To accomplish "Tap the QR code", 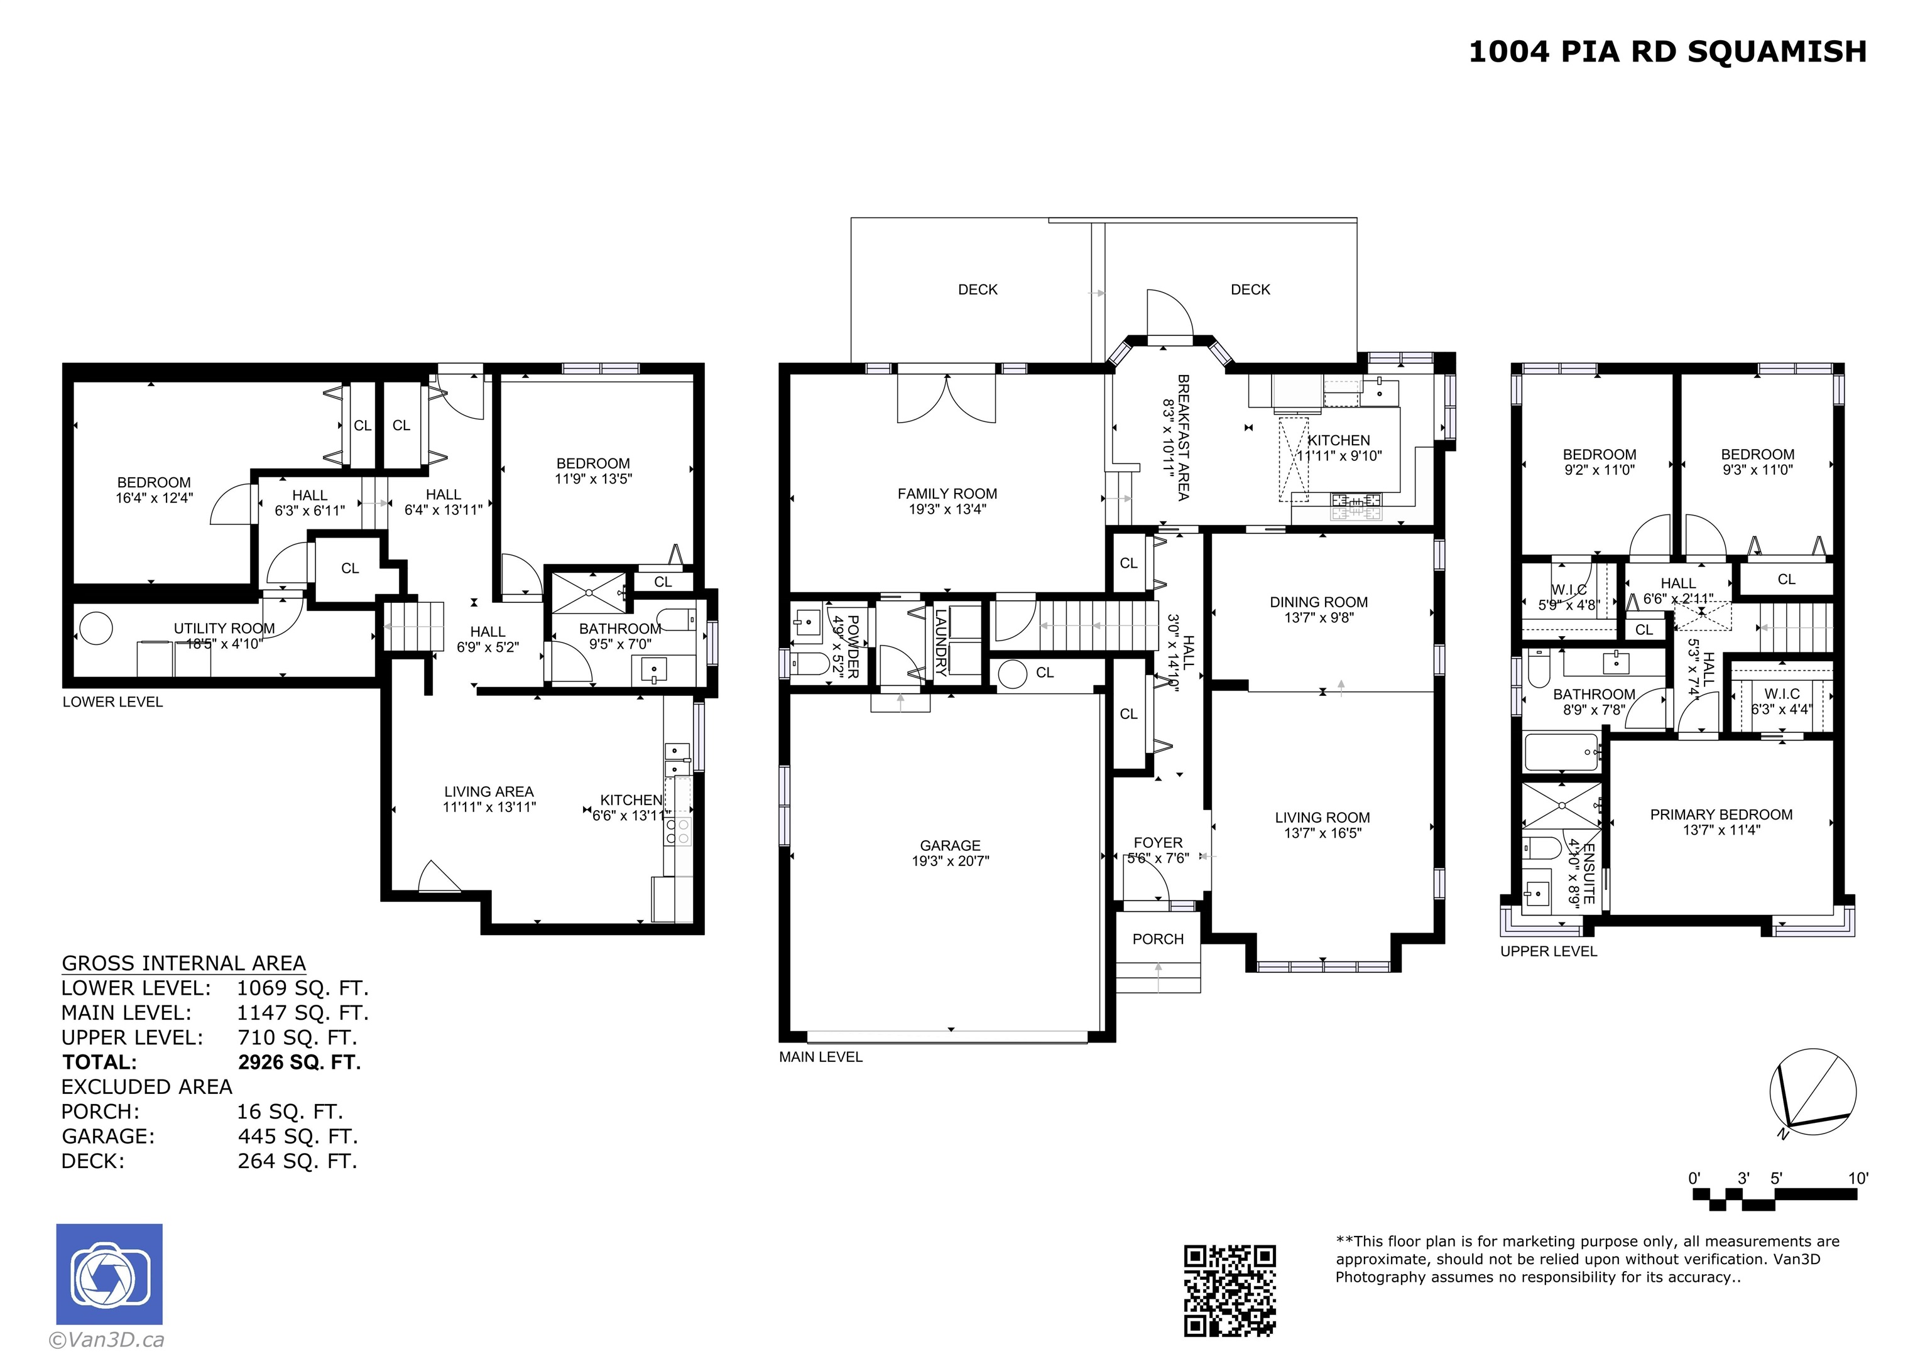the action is [x=1229, y=1290].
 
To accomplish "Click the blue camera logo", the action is [x=109, y=1274].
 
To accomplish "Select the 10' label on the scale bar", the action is [x=1858, y=1178].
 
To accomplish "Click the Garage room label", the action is [x=950, y=845].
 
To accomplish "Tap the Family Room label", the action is [x=947, y=494].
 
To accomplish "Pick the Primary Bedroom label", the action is [x=1721, y=815].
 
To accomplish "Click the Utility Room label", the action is [x=224, y=629].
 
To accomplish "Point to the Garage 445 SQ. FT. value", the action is [x=298, y=1136].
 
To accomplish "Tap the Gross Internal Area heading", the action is [x=183, y=963].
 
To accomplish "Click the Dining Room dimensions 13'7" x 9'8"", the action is [x=1319, y=618].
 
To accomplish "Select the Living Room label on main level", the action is [x=1322, y=818].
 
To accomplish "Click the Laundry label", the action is [x=942, y=642].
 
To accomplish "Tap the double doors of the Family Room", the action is [x=947, y=398].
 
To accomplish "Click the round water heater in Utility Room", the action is [x=96, y=629].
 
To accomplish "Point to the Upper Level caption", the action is [x=1549, y=951].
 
